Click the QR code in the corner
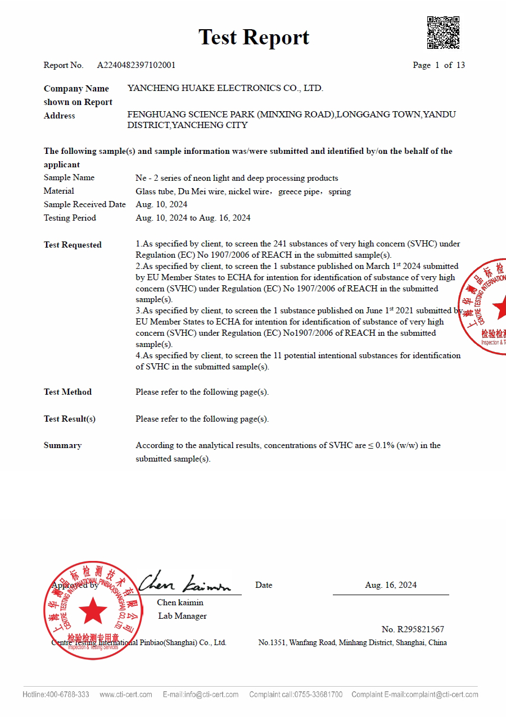tap(443, 33)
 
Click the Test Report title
tap(254, 38)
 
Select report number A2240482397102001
tap(136, 65)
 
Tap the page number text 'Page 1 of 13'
tap(439, 65)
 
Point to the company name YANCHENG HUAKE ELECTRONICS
tap(225, 88)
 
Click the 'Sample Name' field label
tap(69, 178)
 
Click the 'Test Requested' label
tap(73, 245)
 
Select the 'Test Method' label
tap(67, 392)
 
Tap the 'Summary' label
tap(62, 445)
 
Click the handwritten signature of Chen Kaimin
tap(184, 583)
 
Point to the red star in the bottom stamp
tap(93, 610)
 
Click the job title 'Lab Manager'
tap(182, 616)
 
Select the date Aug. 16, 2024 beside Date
tap(391, 585)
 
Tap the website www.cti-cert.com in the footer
tap(126, 695)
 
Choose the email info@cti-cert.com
tap(211, 695)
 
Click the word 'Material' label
tap(59, 191)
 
